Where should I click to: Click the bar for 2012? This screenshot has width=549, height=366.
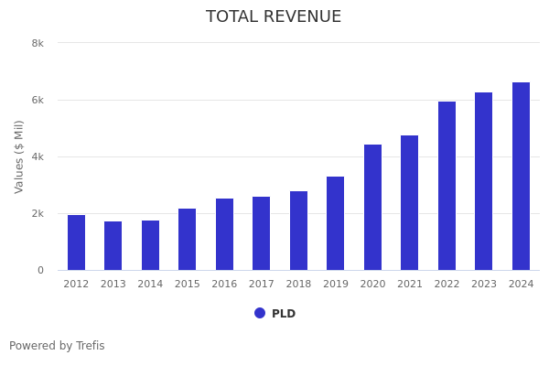[76, 242]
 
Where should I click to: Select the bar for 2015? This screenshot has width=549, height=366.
[187, 240]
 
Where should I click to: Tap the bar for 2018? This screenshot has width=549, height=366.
[298, 231]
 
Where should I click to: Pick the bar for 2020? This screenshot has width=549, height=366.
[372, 208]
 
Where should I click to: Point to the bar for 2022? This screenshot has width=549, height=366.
[447, 186]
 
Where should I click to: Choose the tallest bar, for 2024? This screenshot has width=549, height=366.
[521, 177]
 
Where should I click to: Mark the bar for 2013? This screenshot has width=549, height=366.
[113, 246]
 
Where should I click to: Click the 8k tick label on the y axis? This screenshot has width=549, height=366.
[38, 43]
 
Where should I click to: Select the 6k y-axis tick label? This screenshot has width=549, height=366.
[38, 100]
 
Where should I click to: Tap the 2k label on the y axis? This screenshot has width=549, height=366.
[38, 213]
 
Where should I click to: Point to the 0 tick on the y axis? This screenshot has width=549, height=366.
[40, 270]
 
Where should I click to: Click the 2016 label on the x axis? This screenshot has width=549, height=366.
[224, 285]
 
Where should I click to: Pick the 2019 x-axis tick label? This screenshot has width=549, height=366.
[336, 285]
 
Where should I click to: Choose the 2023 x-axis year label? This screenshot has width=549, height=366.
[484, 285]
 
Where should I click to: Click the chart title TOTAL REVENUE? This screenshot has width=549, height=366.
[274, 17]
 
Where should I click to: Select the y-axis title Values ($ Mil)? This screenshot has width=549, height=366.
[19, 156]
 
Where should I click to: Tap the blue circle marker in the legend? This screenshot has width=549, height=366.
[260, 313]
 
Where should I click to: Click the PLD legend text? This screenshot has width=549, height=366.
[284, 314]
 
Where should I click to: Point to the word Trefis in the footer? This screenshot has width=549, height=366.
[90, 346]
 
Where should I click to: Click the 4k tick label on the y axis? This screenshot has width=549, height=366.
[38, 156]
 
